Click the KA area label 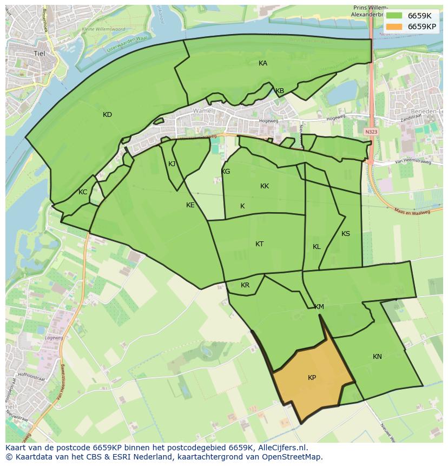263,63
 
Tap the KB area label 280,91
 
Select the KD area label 107,115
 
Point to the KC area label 83,192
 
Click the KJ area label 172,164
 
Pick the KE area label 190,205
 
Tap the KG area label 226,172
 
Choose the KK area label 265,186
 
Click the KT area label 260,244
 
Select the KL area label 317,247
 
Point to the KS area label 346,234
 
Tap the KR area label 245,285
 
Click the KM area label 319,307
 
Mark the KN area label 377,357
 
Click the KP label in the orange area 312,378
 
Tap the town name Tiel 39,54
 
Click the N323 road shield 371,132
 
